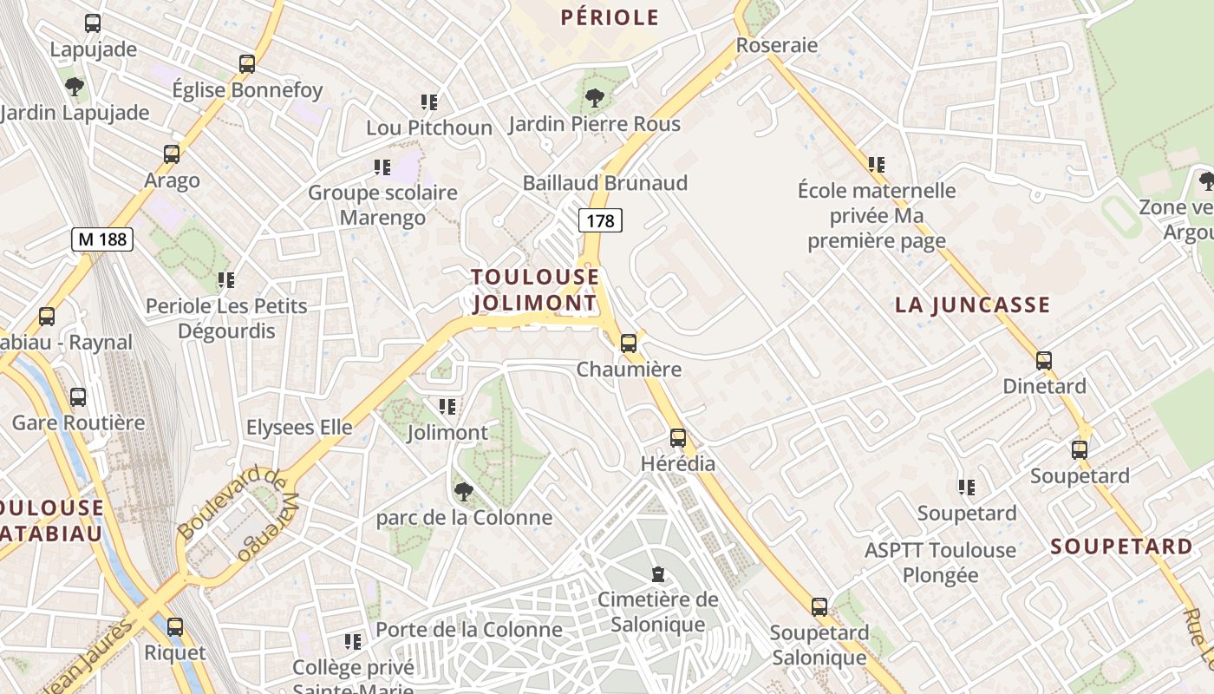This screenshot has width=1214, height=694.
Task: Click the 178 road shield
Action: pos(600,221)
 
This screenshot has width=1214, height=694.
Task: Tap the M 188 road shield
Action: pos(101,239)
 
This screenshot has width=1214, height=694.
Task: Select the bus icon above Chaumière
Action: pos(629,343)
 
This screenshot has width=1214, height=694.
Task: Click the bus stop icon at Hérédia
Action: pos(678,438)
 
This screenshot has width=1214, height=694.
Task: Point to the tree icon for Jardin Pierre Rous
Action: pos(595,97)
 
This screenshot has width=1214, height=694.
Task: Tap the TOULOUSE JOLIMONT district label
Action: pos(535,290)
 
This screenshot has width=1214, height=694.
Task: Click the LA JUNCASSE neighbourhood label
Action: pos(972,305)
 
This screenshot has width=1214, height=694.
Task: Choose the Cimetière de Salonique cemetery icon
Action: pos(658,573)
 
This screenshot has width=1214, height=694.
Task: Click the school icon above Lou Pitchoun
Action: pos(428,102)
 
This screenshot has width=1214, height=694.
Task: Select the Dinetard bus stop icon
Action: pos(1044,360)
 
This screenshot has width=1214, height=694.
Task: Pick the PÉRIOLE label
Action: pos(610,17)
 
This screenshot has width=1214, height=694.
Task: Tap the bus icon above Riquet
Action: pos(175,626)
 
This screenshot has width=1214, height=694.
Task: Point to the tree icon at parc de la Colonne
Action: pos(464,492)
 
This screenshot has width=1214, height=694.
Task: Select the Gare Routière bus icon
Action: pos(78,397)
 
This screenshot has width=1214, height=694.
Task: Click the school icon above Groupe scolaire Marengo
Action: pos(382,167)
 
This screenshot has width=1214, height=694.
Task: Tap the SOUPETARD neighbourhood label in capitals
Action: pos(1121,547)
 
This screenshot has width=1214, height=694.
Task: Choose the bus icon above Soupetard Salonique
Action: pos(819,607)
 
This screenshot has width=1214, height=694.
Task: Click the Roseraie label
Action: pos(777,45)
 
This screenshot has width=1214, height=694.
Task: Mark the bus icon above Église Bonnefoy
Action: pos(247,63)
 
